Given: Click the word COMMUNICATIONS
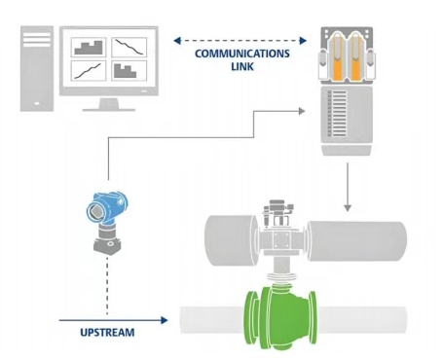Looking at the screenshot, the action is [x=242, y=54].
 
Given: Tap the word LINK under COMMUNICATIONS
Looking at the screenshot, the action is [x=242, y=66].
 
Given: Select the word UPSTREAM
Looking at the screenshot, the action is [x=107, y=333].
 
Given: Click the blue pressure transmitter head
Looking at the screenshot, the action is [x=107, y=208].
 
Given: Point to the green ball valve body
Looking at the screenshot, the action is [x=279, y=316].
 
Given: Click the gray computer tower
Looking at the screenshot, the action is [x=37, y=69].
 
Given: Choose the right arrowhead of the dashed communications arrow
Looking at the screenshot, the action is [x=303, y=41].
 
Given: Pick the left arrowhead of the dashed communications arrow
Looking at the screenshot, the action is [x=177, y=41].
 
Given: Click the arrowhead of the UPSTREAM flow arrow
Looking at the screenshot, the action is [x=165, y=320].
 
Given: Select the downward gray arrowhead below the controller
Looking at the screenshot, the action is [x=348, y=208].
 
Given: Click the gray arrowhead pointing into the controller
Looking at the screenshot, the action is [x=302, y=111].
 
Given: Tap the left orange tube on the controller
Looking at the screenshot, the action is [x=338, y=57].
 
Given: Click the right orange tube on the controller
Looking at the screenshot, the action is [x=355, y=57].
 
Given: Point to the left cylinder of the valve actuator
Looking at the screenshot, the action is [x=231, y=240].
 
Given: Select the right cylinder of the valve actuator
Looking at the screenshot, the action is [x=356, y=241].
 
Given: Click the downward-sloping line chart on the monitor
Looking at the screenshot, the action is [x=129, y=48].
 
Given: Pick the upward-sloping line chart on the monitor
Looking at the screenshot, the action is [x=89, y=70].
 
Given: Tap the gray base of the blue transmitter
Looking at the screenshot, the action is [x=107, y=241].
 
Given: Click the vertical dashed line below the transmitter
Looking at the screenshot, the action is [x=107, y=285].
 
